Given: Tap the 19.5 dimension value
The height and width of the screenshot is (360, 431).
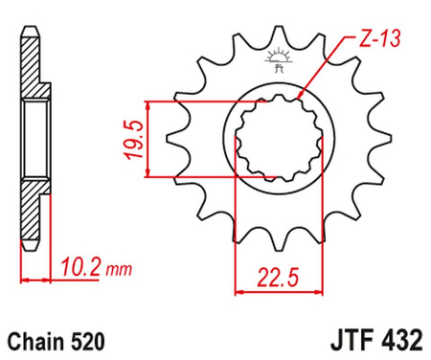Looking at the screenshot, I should (132, 138).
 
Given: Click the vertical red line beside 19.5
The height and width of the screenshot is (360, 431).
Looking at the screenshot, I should (148, 138).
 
